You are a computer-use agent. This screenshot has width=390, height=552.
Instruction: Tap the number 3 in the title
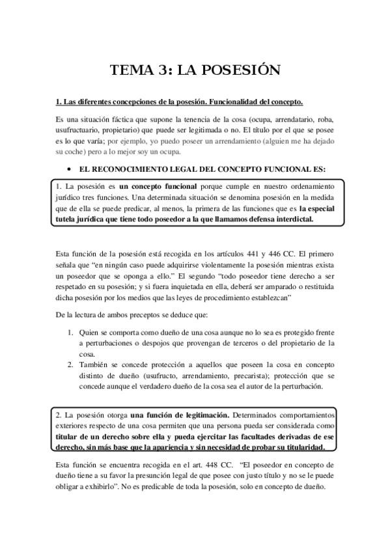pos(160,70)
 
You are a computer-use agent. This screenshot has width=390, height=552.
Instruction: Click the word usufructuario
pos(77,130)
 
